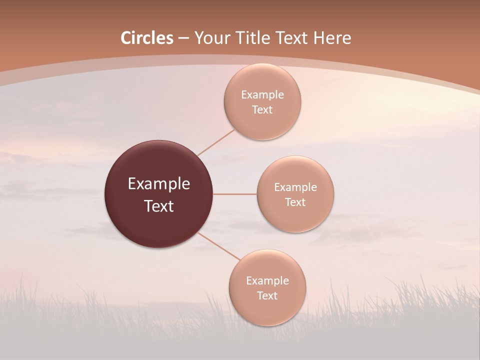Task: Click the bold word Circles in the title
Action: pos(147,38)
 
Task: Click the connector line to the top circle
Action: pos(216,142)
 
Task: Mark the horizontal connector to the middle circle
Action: pos(235,194)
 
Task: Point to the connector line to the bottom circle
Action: pos(219,246)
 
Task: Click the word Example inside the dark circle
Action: pos(159,183)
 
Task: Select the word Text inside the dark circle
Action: pos(159,206)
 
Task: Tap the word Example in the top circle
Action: pos(262,95)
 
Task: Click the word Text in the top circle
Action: pos(262,110)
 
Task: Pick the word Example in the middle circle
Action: pos(295,187)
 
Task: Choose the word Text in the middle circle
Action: pos(295,202)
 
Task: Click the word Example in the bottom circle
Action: pos(267,280)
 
